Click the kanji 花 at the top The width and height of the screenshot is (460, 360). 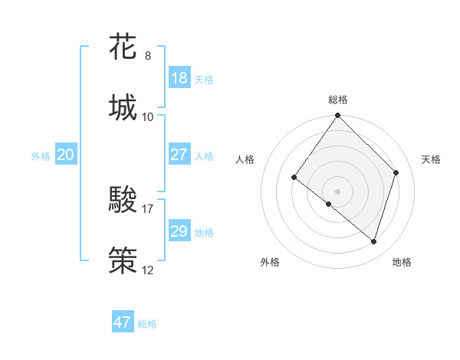coord(123,47)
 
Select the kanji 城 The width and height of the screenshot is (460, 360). coord(123,107)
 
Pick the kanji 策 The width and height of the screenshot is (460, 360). coord(123,260)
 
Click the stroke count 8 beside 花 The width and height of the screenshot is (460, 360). coord(148,56)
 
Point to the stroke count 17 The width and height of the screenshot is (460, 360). coord(148,208)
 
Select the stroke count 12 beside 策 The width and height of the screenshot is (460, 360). coord(148,270)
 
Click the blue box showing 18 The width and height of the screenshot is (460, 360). coord(179,79)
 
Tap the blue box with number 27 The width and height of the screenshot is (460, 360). coord(179,155)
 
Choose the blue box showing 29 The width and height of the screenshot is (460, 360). coord(179,231)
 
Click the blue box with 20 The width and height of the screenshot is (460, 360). coord(66,155)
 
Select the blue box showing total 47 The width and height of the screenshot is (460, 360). coord(123,322)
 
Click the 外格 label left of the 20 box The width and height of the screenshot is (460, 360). coord(41,156)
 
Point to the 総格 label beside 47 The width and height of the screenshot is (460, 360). coord(148,324)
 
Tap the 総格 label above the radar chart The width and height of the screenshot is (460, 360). coord(338,100)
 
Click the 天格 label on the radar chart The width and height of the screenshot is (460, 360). coord(432,159)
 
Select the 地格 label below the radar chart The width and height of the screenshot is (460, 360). coord(402,262)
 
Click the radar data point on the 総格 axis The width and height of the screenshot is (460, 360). coord(338,116)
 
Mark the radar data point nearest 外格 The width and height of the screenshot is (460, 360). coord(329,205)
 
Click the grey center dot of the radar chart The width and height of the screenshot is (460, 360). coord(338,191)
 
